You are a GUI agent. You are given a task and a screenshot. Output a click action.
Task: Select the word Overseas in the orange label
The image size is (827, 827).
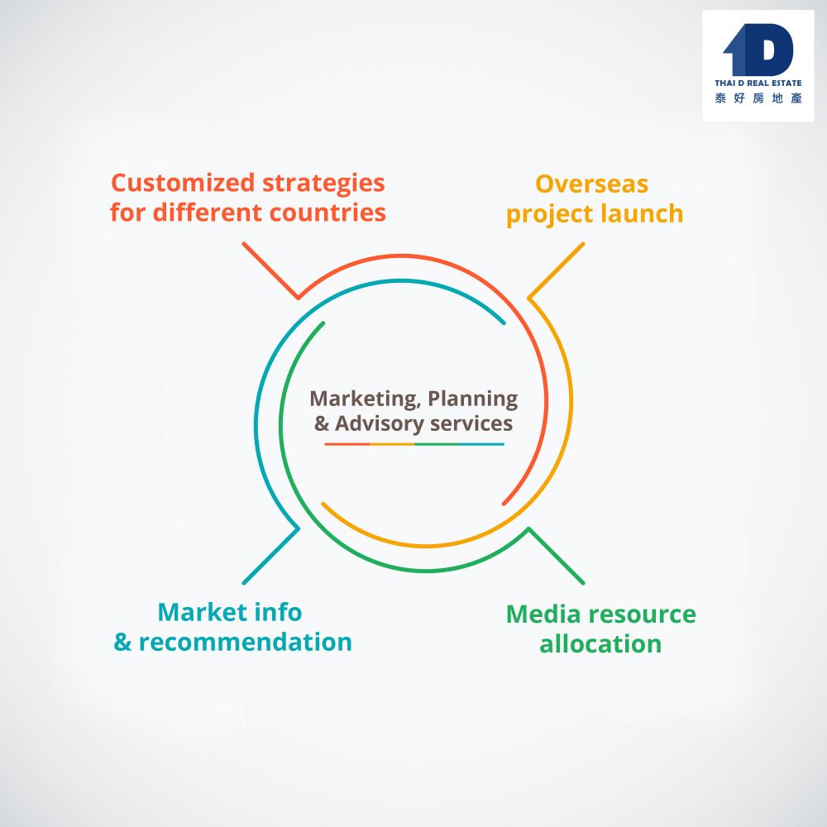591,183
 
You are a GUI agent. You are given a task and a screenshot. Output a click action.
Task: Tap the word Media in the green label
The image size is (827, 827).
542,614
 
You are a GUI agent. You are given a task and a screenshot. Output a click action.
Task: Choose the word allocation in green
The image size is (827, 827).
600,644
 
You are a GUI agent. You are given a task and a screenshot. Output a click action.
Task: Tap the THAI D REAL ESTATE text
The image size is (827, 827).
758,84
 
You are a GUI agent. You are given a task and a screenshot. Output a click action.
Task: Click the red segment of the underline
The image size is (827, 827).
347,444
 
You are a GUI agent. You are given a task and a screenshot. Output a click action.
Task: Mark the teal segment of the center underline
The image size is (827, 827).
481,444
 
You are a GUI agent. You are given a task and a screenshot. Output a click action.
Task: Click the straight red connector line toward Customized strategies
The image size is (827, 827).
270,270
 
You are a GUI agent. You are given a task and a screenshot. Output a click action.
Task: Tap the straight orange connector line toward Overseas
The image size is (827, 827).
557,270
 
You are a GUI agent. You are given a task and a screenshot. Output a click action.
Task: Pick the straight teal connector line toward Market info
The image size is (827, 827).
270,556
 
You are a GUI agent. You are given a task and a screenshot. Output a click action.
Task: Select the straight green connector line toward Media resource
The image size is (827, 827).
557,556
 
